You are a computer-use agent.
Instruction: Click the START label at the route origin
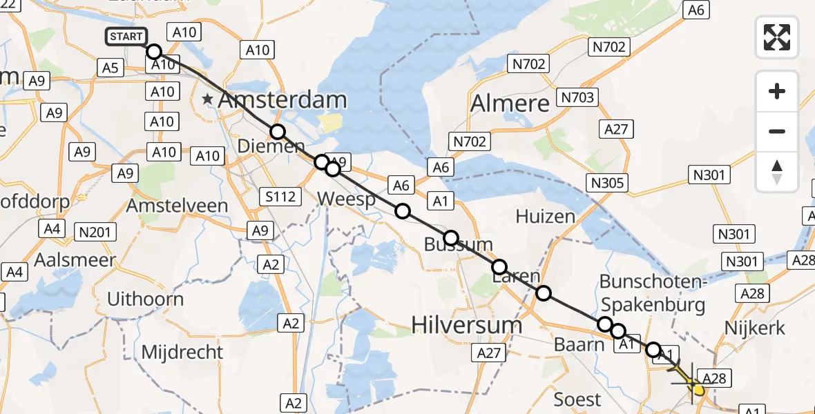point(126,37)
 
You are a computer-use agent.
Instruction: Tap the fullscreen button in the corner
point(777,37)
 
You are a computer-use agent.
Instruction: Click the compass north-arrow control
point(777,172)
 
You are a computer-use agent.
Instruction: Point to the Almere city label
point(510,103)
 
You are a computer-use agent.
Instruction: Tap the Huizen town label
point(545,217)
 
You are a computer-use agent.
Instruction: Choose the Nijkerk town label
point(756,328)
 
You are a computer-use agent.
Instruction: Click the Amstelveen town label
point(177,206)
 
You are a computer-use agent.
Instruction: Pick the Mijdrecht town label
point(182,352)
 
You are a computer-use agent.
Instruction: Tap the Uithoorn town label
point(146,299)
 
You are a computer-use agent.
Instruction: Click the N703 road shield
point(577,97)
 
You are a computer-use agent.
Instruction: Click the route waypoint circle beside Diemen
point(277,132)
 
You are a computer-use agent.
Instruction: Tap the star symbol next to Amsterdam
point(207,100)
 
